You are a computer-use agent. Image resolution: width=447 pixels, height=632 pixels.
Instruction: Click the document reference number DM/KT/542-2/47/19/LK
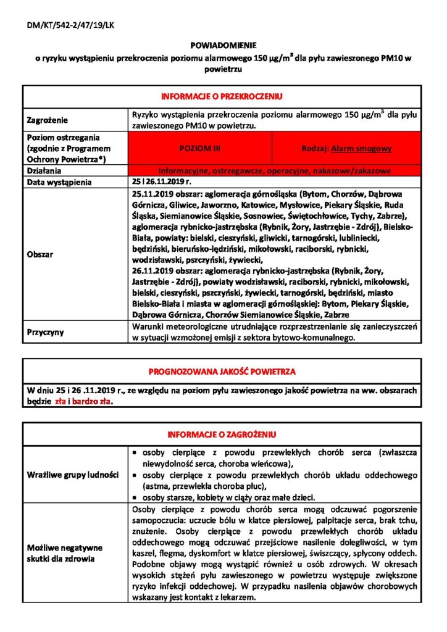pyautogui.click(x=63, y=25)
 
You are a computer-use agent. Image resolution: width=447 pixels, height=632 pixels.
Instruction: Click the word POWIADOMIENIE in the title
pyautogui.click(x=223, y=46)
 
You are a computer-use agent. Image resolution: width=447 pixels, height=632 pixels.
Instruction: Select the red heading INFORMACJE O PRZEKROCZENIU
pyautogui.click(x=222, y=97)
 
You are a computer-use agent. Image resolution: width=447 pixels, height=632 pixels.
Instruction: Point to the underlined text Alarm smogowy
pyautogui.click(x=361, y=149)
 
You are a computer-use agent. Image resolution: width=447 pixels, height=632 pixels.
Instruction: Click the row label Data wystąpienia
pyautogui.click(x=59, y=182)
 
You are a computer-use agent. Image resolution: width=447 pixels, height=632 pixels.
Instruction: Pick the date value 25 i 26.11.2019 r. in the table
pyautogui.click(x=162, y=182)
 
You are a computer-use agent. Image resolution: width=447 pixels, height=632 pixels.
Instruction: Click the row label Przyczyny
pyautogui.click(x=46, y=332)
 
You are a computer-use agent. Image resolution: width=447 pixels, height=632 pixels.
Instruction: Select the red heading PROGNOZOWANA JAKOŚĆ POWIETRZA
pyautogui.click(x=222, y=372)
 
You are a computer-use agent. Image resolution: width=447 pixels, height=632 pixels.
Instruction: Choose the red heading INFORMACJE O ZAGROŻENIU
pyautogui.click(x=222, y=434)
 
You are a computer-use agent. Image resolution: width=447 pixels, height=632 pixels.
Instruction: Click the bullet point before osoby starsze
pyautogui.click(x=135, y=498)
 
